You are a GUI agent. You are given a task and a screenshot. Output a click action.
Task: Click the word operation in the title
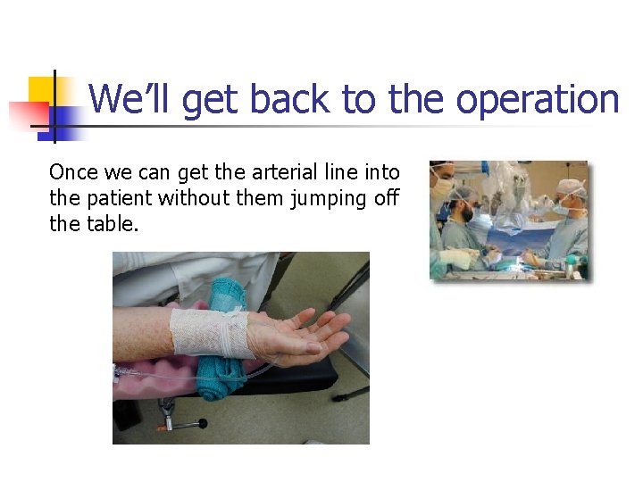point(538,100)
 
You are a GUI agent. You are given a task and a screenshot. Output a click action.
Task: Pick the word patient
point(122,198)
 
